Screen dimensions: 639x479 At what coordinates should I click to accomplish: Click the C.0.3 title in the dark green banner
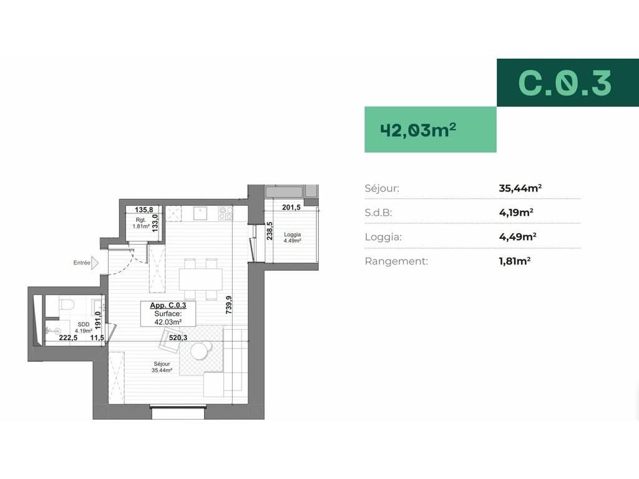tap(565, 83)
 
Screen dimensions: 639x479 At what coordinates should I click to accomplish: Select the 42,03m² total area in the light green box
tap(418, 130)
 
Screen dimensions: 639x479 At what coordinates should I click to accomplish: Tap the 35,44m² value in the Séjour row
tap(520, 188)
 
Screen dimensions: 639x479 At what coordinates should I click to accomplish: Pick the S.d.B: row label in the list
tap(378, 212)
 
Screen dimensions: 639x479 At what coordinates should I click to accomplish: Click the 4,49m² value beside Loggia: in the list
tap(517, 236)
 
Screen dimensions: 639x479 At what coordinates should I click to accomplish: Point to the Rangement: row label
tap(396, 261)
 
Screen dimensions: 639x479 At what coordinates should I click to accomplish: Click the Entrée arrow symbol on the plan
tap(95, 263)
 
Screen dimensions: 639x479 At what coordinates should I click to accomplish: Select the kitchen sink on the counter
tap(200, 213)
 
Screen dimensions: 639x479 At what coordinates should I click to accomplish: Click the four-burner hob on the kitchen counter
tap(226, 213)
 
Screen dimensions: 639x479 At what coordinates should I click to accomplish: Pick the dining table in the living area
tap(200, 279)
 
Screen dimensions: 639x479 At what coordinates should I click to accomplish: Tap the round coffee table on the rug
tap(200, 351)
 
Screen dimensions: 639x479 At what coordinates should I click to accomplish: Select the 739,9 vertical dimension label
tap(228, 304)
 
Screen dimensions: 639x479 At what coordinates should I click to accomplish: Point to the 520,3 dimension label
tap(178, 337)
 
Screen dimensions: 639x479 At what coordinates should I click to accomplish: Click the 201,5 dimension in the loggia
tap(291, 207)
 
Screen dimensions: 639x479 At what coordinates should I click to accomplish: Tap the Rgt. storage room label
tap(140, 220)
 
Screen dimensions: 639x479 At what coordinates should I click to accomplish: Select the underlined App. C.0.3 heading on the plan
tap(168, 305)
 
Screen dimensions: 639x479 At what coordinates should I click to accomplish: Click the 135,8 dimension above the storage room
tap(144, 210)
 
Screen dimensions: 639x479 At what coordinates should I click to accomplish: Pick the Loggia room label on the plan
tap(292, 235)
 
